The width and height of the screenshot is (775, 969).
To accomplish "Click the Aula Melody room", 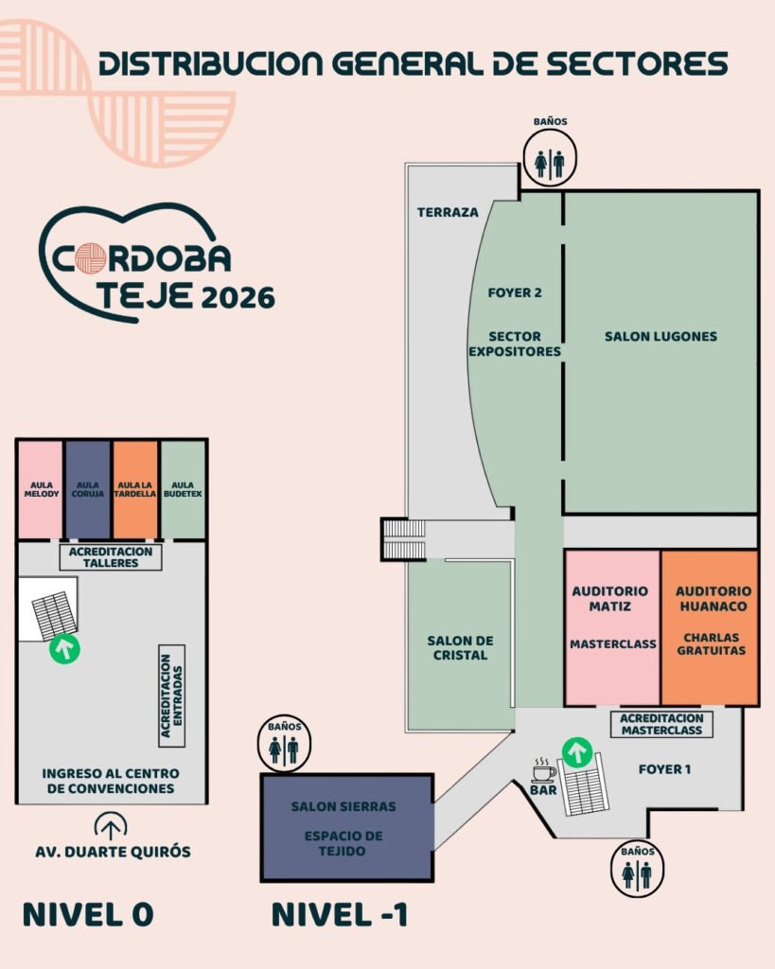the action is tap(41, 489).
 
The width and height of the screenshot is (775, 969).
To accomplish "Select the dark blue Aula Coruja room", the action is tap(88, 489).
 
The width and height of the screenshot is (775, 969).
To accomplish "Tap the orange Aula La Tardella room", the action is tap(134, 489).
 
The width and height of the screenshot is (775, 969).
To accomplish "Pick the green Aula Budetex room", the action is tap(183, 489).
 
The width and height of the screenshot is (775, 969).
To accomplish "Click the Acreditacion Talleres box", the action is tap(111, 556).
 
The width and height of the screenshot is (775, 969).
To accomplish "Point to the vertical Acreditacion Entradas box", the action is tap(172, 696).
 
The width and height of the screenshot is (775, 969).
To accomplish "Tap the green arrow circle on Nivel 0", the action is tap(65, 649).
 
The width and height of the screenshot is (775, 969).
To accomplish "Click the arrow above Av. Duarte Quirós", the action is tap(111, 826).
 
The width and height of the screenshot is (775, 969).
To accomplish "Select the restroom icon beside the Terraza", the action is tap(550, 159).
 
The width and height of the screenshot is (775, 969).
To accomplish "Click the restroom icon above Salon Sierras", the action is tap(284, 746).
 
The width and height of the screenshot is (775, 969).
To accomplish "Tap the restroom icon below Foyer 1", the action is tap(637, 871).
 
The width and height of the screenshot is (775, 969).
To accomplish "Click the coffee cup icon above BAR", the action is tap(543, 770).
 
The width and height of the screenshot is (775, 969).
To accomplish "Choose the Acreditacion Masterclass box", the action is tap(661, 724).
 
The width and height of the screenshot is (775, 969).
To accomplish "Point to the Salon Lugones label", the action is tap(661, 336).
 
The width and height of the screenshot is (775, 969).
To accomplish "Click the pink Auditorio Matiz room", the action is tap(612, 627).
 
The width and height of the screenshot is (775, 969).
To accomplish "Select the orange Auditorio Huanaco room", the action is tap(711, 627).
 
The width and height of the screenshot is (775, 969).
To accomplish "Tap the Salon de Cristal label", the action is tap(461, 647).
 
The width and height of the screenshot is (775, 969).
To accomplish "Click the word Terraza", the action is tap(449, 212).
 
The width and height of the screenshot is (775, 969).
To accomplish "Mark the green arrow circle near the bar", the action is tap(577, 753).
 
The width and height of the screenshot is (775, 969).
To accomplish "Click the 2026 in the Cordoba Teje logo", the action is tap(238, 298).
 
